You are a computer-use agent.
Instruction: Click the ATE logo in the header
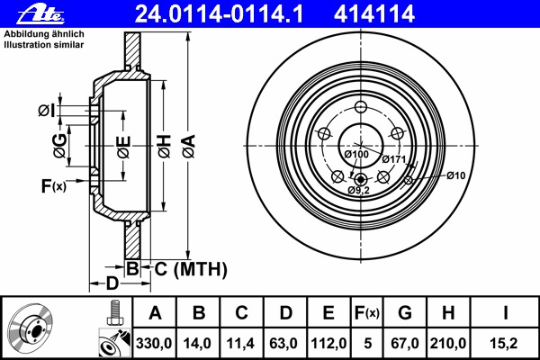41,14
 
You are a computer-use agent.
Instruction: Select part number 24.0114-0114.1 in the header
219,14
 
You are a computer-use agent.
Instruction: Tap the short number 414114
374,14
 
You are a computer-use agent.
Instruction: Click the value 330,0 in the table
154,344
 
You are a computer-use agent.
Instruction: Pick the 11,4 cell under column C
240,344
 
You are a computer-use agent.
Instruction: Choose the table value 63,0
283,344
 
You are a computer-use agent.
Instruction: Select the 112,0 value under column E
328,344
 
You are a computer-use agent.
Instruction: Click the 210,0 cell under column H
447,344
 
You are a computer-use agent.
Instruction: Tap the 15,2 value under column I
503,344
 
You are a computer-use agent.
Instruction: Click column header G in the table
405,313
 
